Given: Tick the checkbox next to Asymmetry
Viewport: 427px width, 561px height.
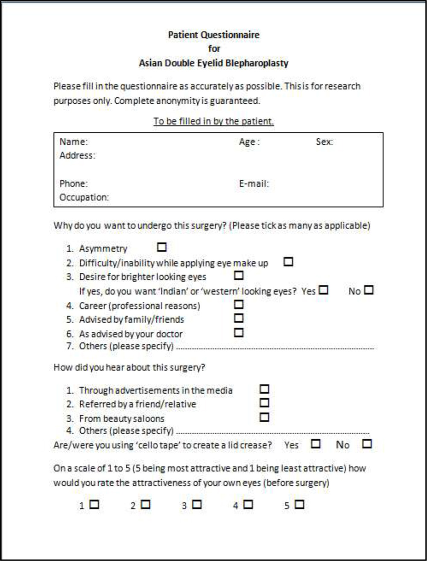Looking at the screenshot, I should point(162,247).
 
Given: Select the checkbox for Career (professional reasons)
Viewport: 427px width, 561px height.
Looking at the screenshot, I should point(239,304).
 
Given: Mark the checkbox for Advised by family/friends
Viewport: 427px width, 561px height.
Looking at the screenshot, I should point(239,318).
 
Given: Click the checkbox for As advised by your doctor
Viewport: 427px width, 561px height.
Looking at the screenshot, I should point(239,332).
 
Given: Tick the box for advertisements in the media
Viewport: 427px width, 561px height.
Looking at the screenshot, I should point(265,389).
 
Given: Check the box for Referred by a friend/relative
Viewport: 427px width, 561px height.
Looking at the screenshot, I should point(265,402).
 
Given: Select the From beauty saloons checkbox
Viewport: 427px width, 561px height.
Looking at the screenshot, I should point(265,416).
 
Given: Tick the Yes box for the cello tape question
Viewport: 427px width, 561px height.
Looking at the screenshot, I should point(316,444).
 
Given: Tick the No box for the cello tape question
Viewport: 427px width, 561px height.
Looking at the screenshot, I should point(367,444).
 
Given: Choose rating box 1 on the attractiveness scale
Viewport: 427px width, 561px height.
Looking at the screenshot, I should point(94,505).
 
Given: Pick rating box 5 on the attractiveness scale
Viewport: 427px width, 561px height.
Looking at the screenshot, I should point(299,505).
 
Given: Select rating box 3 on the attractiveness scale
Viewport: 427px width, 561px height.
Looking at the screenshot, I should point(197,505).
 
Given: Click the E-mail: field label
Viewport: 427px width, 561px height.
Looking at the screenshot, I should point(254,184).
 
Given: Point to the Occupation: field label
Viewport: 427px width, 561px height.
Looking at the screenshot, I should point(84,198).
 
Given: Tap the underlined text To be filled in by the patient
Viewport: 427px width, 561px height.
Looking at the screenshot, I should point(213,121).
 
